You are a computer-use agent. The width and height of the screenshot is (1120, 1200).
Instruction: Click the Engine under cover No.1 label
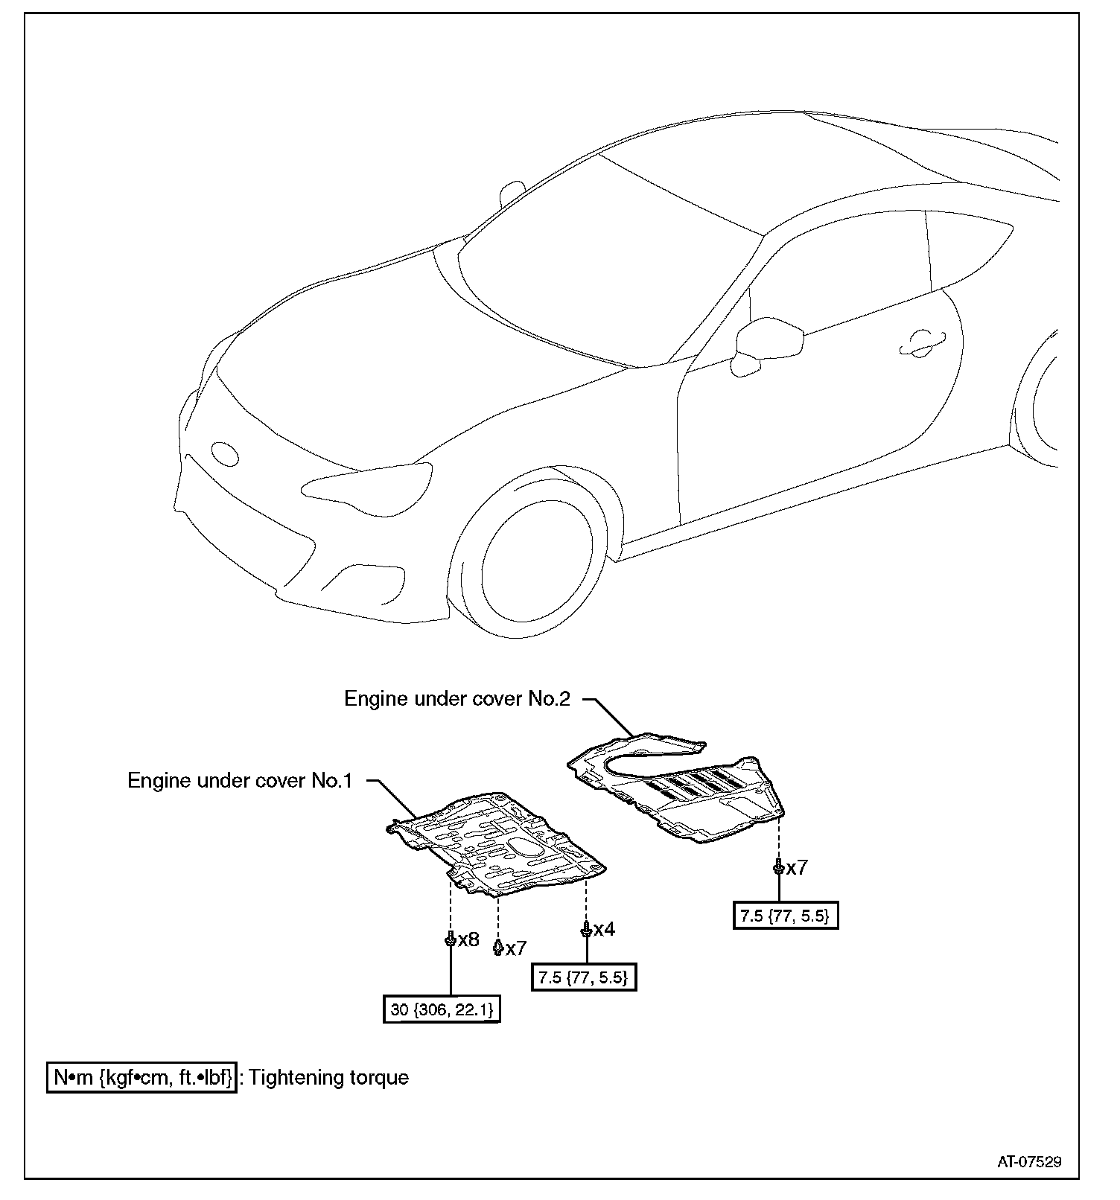(239, 781)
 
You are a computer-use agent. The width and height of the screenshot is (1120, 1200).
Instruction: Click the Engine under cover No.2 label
(456, 699)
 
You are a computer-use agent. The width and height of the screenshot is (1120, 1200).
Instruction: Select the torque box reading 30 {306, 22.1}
(442, 1009)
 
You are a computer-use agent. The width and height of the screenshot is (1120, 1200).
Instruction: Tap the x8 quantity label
(468, 939)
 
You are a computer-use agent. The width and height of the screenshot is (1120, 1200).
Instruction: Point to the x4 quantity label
(604, 929)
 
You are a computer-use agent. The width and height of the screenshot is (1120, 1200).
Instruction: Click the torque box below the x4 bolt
(584, 977)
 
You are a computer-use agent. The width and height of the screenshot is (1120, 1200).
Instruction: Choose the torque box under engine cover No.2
(786, 916)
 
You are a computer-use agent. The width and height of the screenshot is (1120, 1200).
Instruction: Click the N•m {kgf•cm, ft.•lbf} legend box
(142, 1077)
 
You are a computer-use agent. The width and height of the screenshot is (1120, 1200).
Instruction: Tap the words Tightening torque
(328, 1077)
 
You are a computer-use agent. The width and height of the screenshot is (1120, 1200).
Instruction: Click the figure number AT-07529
(1030, 1161)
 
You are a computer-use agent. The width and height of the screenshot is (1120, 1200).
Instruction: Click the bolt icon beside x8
(451, 939)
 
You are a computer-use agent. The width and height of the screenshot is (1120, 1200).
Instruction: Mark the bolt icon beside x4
(587, 929)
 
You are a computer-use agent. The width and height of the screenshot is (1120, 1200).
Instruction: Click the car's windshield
(603, 268)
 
